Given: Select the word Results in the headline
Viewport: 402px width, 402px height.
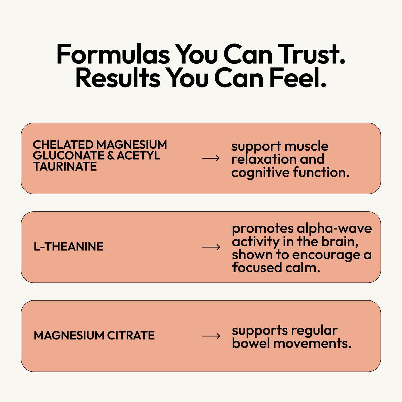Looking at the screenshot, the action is (x=118, y=77).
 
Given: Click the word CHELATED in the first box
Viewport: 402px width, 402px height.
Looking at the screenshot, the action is (x=63, y=145).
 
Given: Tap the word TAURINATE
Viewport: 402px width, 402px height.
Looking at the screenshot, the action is (x=65, y=166).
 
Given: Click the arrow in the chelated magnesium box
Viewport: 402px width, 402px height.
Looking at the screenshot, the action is (x=211, y=158).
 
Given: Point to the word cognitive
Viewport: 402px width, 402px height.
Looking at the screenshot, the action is (x=260, y=173).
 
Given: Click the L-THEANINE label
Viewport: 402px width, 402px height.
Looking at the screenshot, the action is (x=68, y=246).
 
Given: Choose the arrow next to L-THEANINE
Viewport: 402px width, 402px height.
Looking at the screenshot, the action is (x=211, y=247).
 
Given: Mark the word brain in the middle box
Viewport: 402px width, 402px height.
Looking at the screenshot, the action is (x=340, y=242).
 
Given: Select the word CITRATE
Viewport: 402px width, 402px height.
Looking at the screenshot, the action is (x=131, y=336).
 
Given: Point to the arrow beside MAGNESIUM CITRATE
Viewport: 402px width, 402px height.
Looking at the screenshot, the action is (x=211, y=336).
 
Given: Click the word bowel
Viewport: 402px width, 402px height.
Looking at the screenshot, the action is (x=251, y=344).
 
